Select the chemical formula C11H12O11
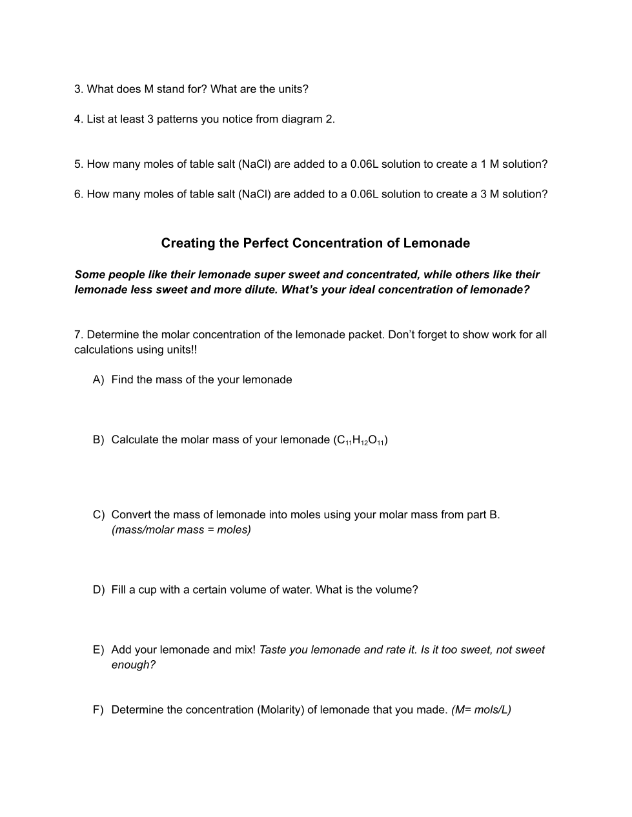point(360,440)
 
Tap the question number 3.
point(78,89)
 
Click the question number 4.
point(78,119)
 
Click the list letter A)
point(98,380)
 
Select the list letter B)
point(98,440)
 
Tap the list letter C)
point(98,515)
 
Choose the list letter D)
point(98,590)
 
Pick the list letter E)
point(98,650)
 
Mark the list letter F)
point(98,710)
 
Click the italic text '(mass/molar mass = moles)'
point(181,530)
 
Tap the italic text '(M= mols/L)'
point(481,710)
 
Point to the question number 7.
point(78,335)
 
